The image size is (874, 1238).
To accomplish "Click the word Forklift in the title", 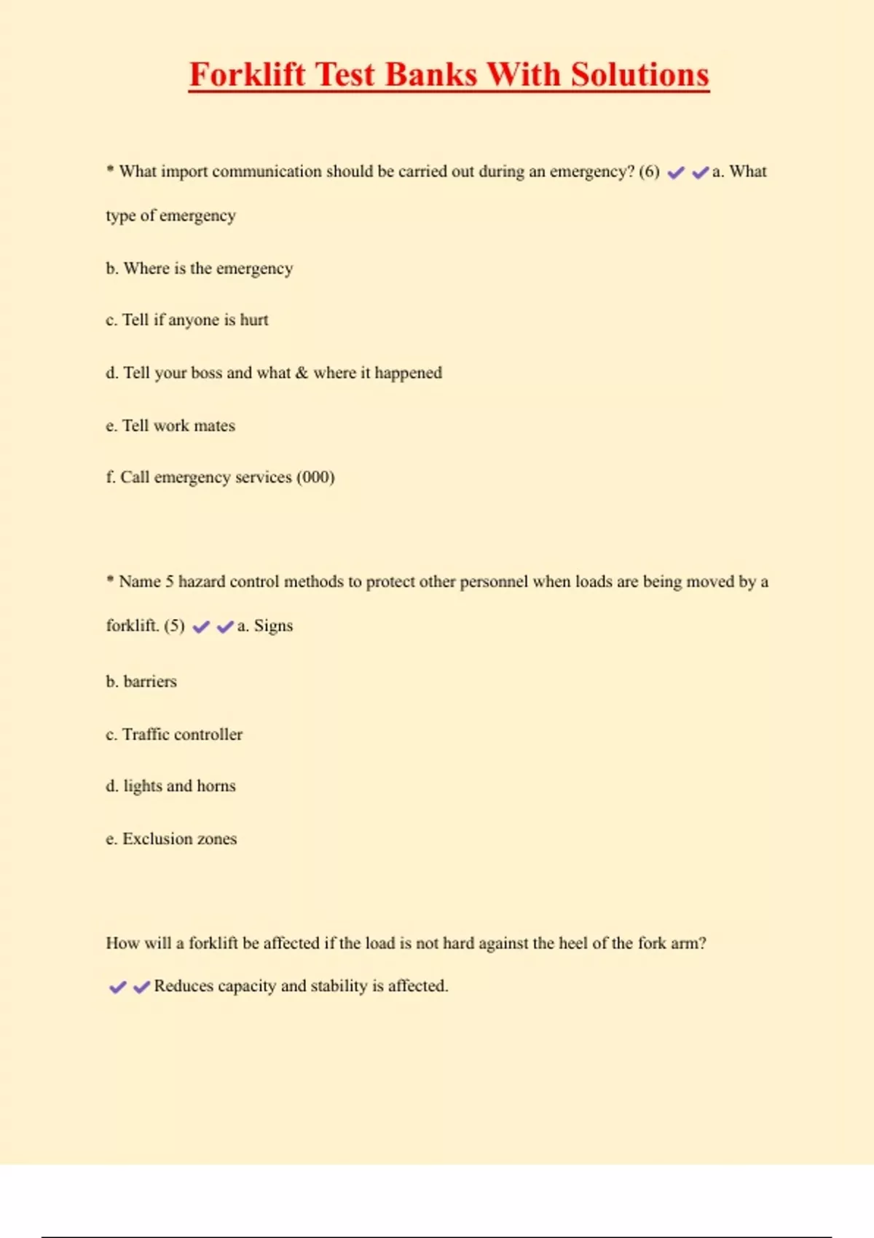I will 247,75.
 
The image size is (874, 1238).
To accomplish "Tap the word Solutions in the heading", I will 639,75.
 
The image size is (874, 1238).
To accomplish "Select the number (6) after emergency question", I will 649,172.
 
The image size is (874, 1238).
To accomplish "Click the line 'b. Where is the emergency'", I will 199,269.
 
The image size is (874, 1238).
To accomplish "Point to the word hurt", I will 254,320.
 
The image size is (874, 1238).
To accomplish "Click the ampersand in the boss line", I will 302,373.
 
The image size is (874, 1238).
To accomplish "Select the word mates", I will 214,426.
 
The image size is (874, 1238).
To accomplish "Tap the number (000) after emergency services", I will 315,478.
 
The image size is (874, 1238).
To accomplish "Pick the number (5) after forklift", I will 174,626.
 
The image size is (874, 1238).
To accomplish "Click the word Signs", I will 273,626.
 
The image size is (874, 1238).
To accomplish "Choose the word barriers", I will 150,682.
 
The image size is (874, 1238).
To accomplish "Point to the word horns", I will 216,786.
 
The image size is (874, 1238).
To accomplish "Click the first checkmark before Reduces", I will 117,987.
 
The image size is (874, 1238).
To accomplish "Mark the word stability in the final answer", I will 339,986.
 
